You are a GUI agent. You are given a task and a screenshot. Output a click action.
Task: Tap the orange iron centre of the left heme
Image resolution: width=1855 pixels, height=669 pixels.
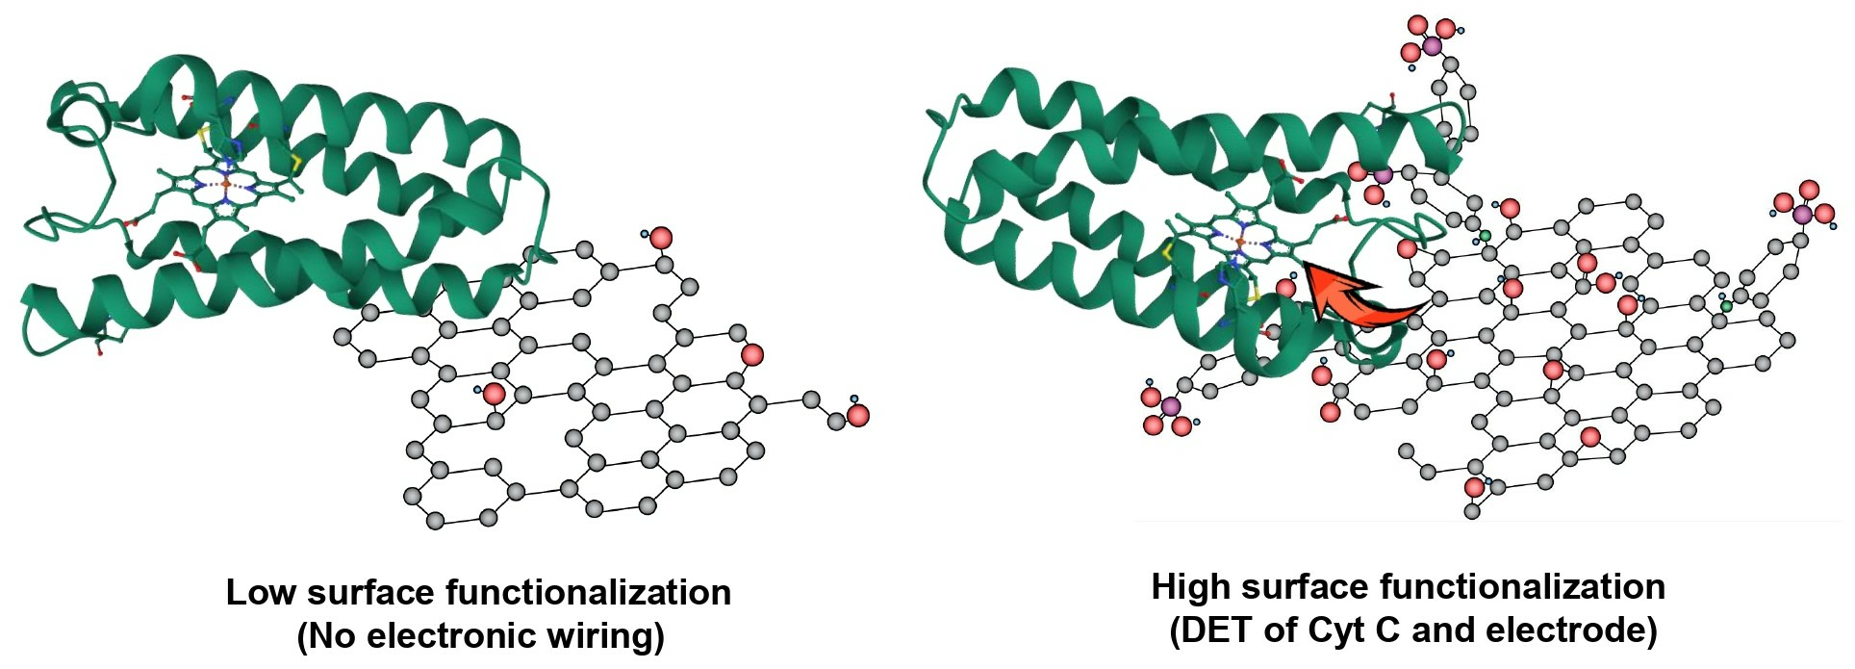pyautogui.click(x=226, y=182)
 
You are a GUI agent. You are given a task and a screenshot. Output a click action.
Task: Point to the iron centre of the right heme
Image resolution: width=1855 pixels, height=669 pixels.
pyautogui.click(x=1241, y=240)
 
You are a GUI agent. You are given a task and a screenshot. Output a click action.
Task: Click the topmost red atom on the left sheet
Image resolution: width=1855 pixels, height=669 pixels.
pyautogui.click(x=661, y=238)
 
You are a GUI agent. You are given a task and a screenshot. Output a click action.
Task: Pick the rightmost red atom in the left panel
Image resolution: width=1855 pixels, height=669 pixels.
pyautogui.click(x=858, y=416)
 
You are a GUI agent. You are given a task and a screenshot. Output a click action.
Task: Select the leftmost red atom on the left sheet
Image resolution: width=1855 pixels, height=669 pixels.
pyautogui.click(x=494, y=393)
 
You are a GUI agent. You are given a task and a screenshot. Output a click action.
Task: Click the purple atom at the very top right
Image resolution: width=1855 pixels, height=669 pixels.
pyautogui.click(x=1433, y=45)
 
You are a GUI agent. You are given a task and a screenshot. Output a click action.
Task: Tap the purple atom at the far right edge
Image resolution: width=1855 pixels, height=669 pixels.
pyautogui.click(x=1802, y=214)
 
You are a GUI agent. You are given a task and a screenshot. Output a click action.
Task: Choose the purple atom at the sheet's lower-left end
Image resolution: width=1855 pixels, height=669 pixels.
pyautogui.click(x=1170, y=406)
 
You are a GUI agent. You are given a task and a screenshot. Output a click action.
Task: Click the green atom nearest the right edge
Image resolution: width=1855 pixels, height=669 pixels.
pyautogui.click(x=1726, y=306)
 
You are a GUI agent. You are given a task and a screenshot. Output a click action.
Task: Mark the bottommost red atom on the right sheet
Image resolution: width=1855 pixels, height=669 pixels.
pyautogui.click(x=1474, y=488)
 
